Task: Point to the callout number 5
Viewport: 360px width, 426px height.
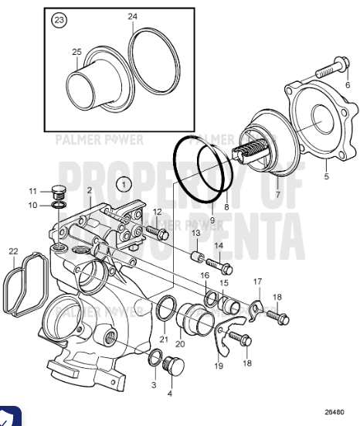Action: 325,177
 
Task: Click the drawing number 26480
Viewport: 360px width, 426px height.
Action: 334,412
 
